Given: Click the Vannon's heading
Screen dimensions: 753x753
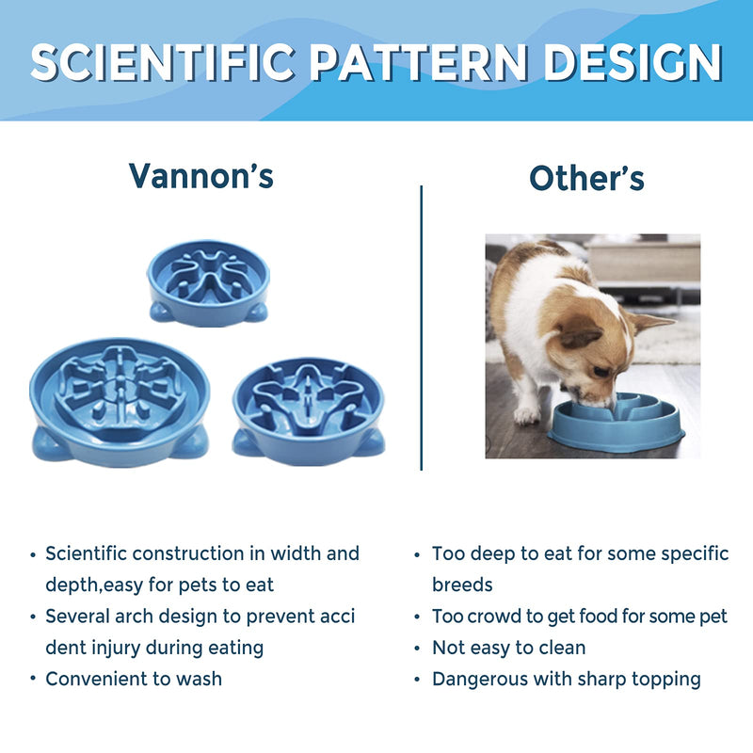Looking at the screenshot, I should pyautogui.click(x=201, y=175).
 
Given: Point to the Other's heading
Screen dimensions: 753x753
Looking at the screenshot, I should pyautogui.click(x=586, y=178).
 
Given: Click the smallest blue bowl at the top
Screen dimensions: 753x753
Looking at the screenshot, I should pyautogui.click(x=208, y=281).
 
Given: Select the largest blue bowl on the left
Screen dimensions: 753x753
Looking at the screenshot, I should pyautogui.click(x=119, y=400).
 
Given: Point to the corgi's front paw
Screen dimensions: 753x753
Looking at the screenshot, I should pyautogui.click(x=527, y=413).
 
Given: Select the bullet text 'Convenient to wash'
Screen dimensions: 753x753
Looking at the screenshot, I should pyautogui.click(x=134, y=679).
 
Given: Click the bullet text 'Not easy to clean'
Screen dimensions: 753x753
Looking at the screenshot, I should pyautogui.click(x=508, y=648).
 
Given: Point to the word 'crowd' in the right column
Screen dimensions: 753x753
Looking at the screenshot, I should pyautogui.click(x=489, y=617).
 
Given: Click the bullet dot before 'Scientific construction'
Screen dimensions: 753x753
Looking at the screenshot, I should pyautogui.click(x=35, y=554).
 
